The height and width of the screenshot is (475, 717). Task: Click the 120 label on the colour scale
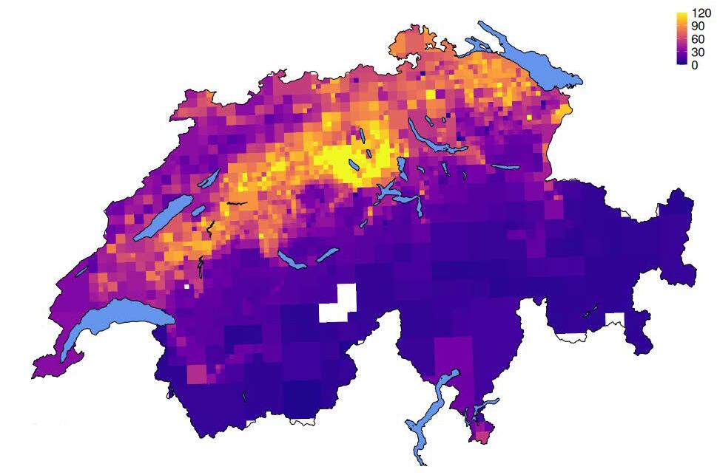tap(701, 13)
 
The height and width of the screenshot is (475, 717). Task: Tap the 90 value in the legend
tap(698, 26)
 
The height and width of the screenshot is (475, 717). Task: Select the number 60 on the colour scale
tap(698, 39)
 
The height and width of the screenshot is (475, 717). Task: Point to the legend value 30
tap(698, 52)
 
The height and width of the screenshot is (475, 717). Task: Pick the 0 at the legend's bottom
tap(694, 65)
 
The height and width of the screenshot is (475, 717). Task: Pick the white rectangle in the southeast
tap(614, 319)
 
